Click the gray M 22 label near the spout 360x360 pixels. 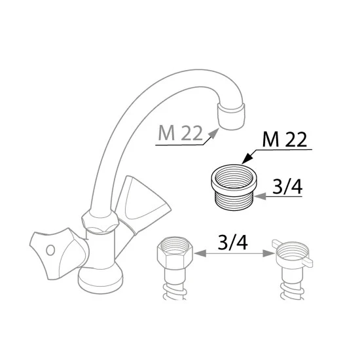click(x=181, y=134)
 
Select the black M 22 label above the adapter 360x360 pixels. click(x=285, y=140)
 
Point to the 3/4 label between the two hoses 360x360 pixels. click(x=232, y=242)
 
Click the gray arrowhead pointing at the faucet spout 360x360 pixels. click(x=213, y=134)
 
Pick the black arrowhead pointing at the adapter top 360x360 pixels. click(x=247, y=158)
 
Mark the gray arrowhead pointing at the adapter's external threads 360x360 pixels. click(x=261, y=196)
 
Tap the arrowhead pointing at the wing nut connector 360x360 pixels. click(x=268, y=253)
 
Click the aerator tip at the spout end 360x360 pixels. click(x=232, y=116)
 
